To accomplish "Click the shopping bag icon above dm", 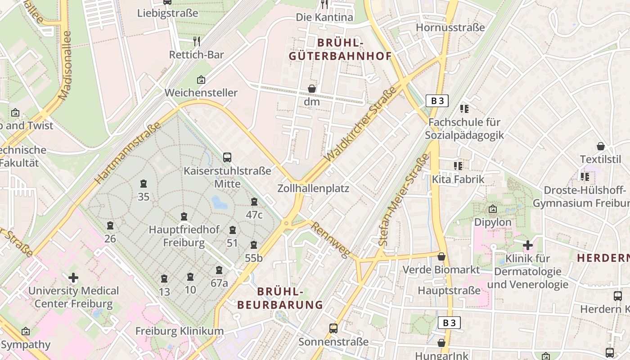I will tap(311, 89).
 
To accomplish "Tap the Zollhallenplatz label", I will tap(313, 188).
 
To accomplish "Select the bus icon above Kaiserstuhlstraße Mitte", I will tap(227, 157).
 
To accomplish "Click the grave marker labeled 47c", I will tap(254, 202).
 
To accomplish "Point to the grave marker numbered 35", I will tap(144, 184).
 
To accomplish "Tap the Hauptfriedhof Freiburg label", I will tap(184, 236).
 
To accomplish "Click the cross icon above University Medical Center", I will tap(73, 278).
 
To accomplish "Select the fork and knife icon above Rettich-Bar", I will tap(197, 41).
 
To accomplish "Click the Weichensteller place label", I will tap(201, 93).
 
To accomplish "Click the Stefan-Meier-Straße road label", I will tap(403, 199).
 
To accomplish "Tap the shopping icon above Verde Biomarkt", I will tap(441, 256).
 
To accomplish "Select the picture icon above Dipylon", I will tap(493, 209).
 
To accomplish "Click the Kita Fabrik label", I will tap(458, 179).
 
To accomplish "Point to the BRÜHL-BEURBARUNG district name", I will tap(280, 298).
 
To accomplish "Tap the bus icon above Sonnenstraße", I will tap(333, 328).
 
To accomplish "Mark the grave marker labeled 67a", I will tap(219, 270).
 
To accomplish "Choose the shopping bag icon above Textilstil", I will tap(600, 146).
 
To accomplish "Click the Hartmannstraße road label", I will tap(128, 153).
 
